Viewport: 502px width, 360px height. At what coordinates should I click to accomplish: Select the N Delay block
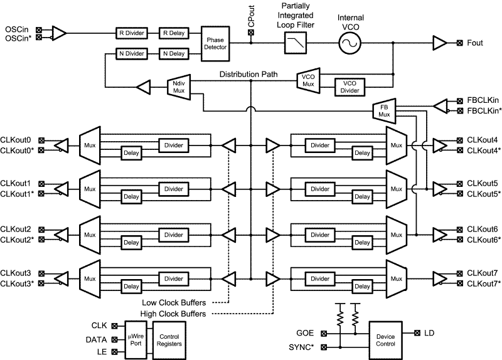[173, 53]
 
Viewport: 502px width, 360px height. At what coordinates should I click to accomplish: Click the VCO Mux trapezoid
[308, 80]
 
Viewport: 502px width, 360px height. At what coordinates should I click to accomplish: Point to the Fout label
[476, 43]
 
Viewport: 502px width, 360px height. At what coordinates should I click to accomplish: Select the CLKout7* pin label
[484, 284]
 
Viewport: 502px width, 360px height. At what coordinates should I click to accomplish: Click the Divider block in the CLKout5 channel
[320, 189]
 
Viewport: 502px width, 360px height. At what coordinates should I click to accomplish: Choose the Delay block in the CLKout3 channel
[131, 287]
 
